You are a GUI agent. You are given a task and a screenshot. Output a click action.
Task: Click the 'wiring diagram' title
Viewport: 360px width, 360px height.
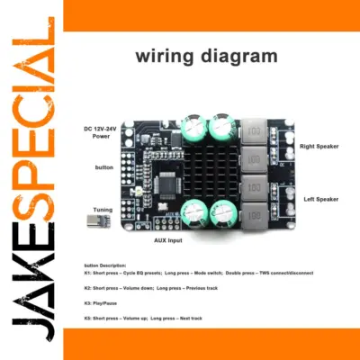pyautogui.click(x=207, y=56)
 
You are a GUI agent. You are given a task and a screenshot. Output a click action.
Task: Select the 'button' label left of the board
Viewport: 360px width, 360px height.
pyautogui.click(x=104, y=168)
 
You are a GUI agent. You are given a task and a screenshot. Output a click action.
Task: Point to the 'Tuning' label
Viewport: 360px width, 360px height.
pyautogui.click(x=103, y=210)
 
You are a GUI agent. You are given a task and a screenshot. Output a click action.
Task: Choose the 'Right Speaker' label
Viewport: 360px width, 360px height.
pyautogui.click(x=319, y=144)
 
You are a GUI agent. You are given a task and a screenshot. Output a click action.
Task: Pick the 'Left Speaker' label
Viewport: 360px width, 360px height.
pyautogui.click(x=320, y=198)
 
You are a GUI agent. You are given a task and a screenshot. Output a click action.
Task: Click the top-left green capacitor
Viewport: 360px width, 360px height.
pyautogui.click(x=196, y=127)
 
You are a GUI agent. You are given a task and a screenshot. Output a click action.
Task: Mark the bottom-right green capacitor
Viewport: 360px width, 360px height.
pyautogui.click(x=222, y=212)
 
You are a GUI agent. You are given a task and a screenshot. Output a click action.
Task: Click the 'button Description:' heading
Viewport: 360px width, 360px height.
pyautogui.click(x=107, y=265)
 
